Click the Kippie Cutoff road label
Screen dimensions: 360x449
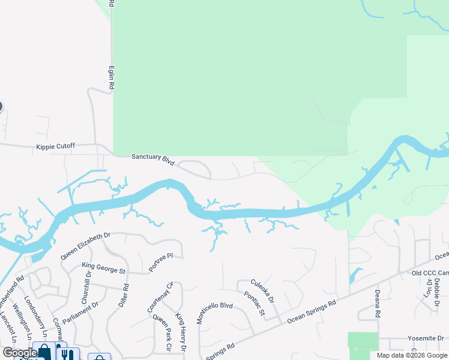click(x=57, y=146)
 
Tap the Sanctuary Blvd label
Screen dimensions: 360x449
click(x=153, y=159)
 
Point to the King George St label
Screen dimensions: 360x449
click(x=104, y=268)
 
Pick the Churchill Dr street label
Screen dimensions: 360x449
click(x=86, y=287)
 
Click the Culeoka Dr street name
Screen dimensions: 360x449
click(x=262, y=290)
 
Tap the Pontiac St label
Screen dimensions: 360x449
click(x=255, y=303)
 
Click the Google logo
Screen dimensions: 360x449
click(x=19, y=353)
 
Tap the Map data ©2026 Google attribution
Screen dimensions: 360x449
click(x=412, y=355)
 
